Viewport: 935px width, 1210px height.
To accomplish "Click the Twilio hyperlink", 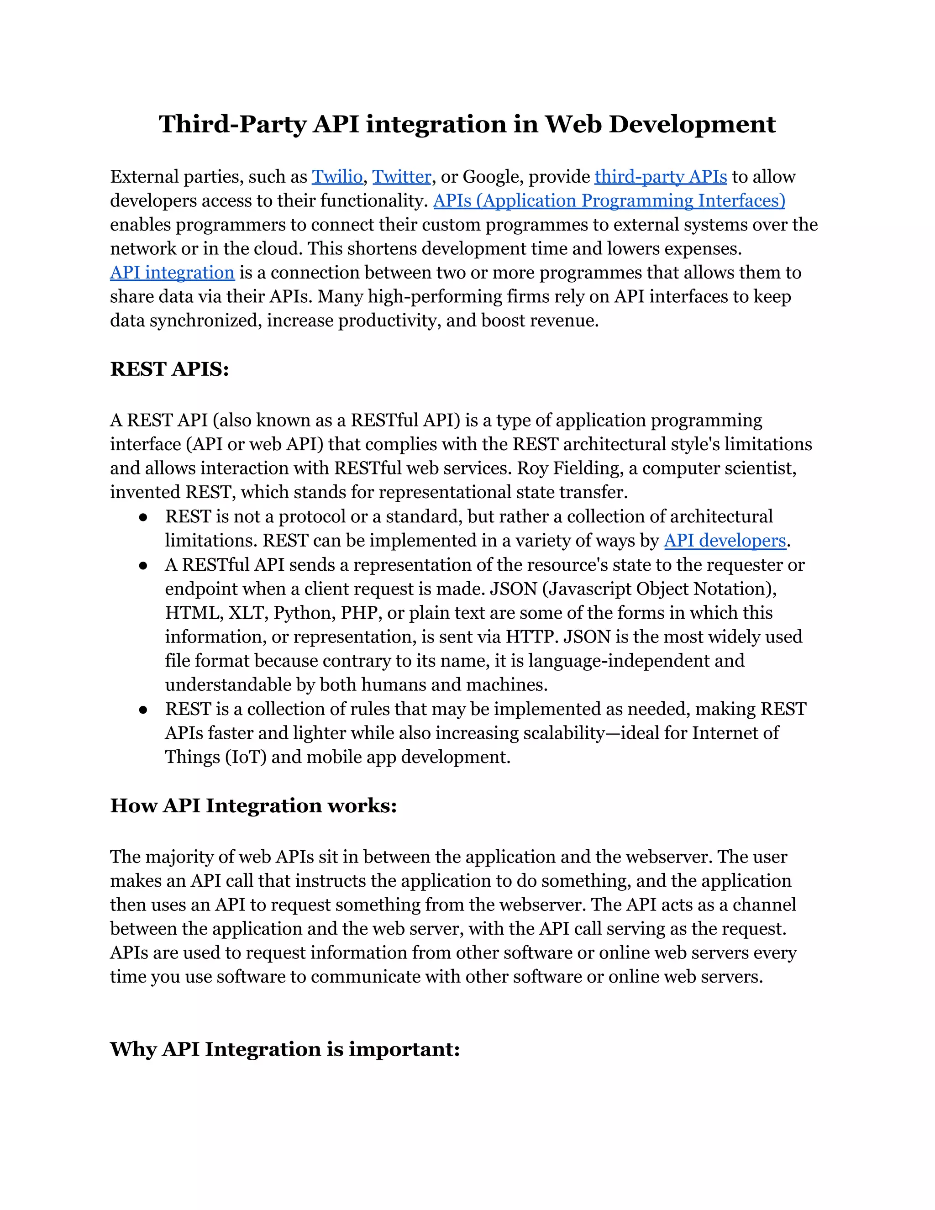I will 337,177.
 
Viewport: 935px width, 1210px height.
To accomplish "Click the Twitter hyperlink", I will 402,177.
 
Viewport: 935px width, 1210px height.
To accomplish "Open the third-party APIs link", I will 660,177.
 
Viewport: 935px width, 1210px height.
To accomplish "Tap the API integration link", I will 172,273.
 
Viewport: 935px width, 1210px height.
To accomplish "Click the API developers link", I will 725,540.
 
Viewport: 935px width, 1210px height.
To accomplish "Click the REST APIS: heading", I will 169,369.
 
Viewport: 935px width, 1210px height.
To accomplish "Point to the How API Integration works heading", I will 253,805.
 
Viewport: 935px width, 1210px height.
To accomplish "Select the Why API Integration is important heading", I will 285,1049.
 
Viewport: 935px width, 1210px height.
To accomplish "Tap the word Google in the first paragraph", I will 493,177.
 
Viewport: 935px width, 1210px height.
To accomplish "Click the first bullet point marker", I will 143,517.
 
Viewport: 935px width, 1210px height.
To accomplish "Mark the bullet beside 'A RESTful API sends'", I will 143,565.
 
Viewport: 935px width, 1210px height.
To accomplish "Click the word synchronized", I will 205,321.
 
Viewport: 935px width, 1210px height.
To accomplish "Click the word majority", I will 179,857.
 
